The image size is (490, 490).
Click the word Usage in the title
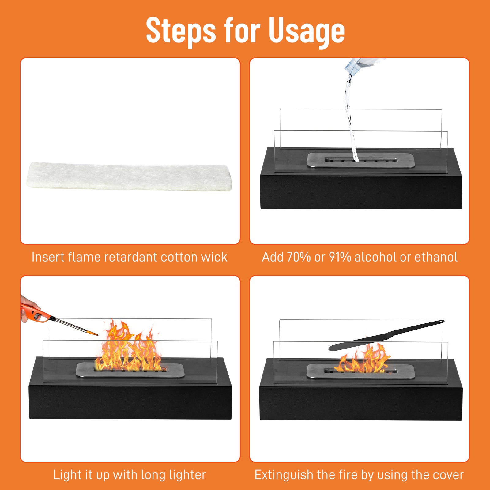click(307, 31)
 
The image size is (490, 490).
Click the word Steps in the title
click(181, 31)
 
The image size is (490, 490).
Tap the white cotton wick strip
click(130, 177)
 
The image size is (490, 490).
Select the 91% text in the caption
click(340, 257)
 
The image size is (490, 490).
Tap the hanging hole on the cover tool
click(440, 322)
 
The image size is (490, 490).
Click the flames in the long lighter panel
click(129, 349)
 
